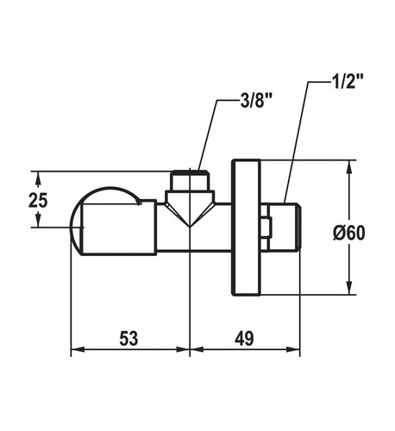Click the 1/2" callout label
coord(348,82)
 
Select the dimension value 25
coord(38,200)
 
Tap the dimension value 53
coord(129,338)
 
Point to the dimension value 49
coord(244,338)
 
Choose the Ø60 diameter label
coord(349,233)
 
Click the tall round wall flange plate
coord(247,227)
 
